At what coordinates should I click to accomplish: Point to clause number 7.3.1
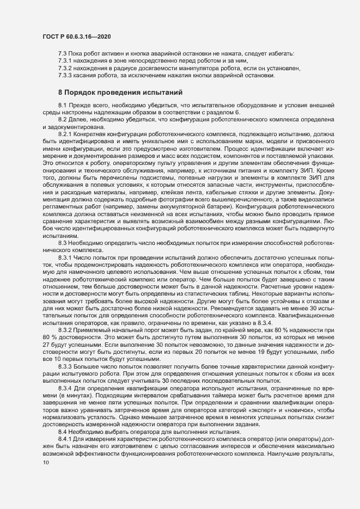tap(66, 61)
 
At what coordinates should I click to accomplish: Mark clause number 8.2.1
tap(66, 132)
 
